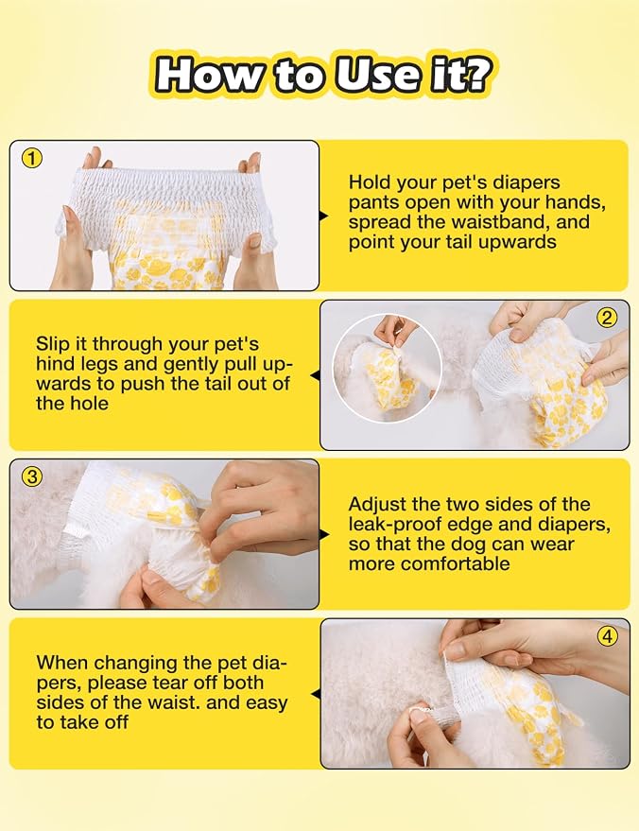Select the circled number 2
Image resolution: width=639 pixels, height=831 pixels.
[607, 318]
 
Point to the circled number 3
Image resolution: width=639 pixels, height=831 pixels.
[32, 476]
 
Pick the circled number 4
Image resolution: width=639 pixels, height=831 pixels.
[607, 636]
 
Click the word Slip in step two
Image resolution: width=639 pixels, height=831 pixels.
[51, 345]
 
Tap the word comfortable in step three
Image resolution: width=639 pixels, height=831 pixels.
[455, 563]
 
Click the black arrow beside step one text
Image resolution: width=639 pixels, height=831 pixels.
[323, 216]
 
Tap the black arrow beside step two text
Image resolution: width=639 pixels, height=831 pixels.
[315, 375]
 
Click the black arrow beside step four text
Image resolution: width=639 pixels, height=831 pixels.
[315, 694]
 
